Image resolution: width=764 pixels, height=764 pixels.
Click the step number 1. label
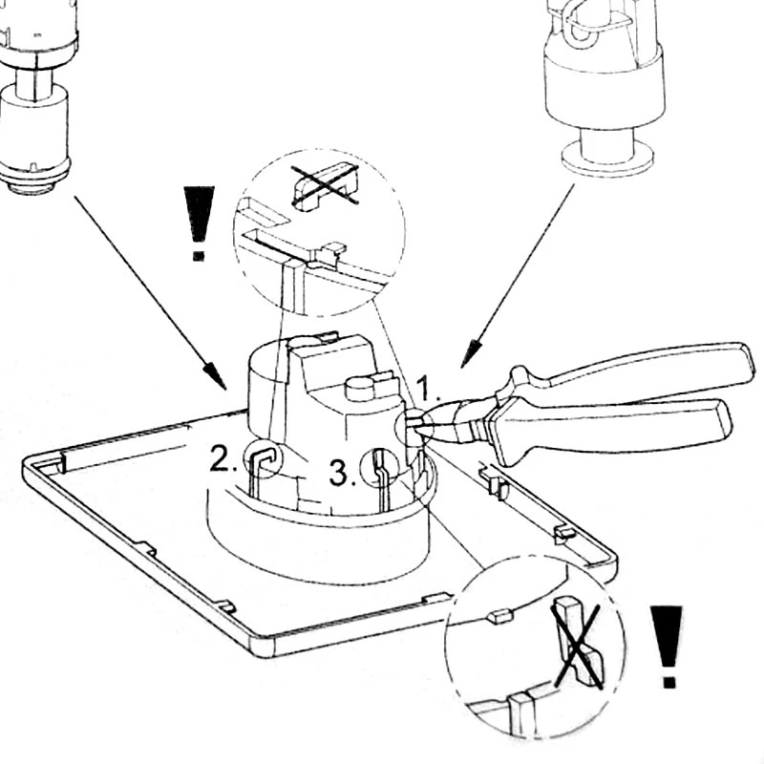pyautogui.click(x=427, y=390)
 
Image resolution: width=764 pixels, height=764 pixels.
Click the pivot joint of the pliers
pyautogui.click(x=500, y=405)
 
